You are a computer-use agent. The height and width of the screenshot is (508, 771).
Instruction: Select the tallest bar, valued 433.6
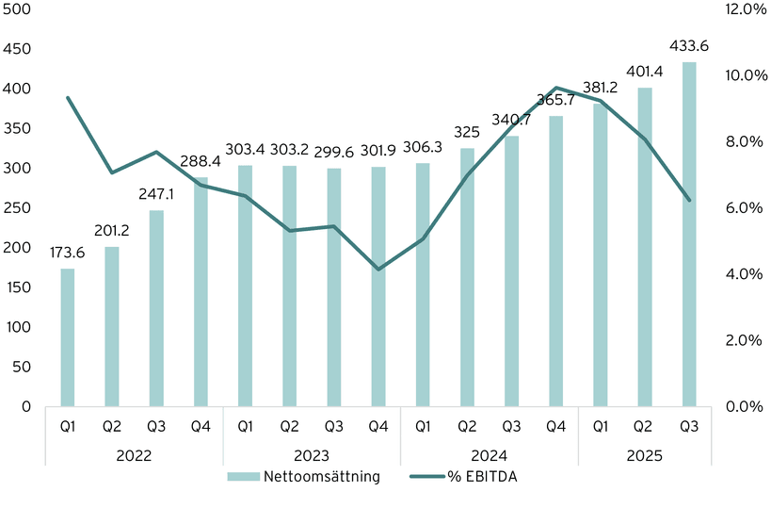pos(689,235)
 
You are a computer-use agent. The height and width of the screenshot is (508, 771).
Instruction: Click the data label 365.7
pos(555,99)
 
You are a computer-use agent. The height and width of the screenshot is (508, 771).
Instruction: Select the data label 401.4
pos(645,71)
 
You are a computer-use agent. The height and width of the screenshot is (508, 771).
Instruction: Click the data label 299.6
pos(334,151)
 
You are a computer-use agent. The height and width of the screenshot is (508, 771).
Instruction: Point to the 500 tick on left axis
pos(17,9)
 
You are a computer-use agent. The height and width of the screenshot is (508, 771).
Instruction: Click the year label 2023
pos(312,454)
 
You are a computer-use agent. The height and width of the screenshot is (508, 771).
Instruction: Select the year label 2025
pos(645,454)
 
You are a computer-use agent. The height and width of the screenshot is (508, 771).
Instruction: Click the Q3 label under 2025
pos(689,427)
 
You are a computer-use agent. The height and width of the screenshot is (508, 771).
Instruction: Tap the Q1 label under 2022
pos(67,427)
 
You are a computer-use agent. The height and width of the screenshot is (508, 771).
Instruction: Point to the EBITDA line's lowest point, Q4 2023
pos(378,270)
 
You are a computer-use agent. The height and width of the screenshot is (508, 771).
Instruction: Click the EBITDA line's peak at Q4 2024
pos(555,88)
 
